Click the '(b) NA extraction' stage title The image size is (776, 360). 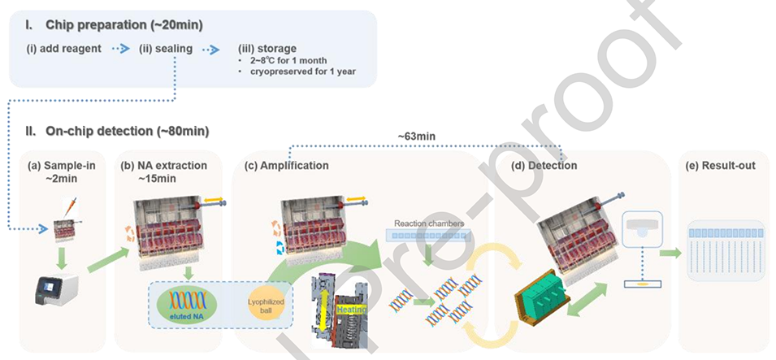pyautogui.click(x=165, y=166)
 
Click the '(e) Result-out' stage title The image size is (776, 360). pyautogui.click(x=720, y=166)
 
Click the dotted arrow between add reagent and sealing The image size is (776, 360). pyautogui.click(x=120, y=49)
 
